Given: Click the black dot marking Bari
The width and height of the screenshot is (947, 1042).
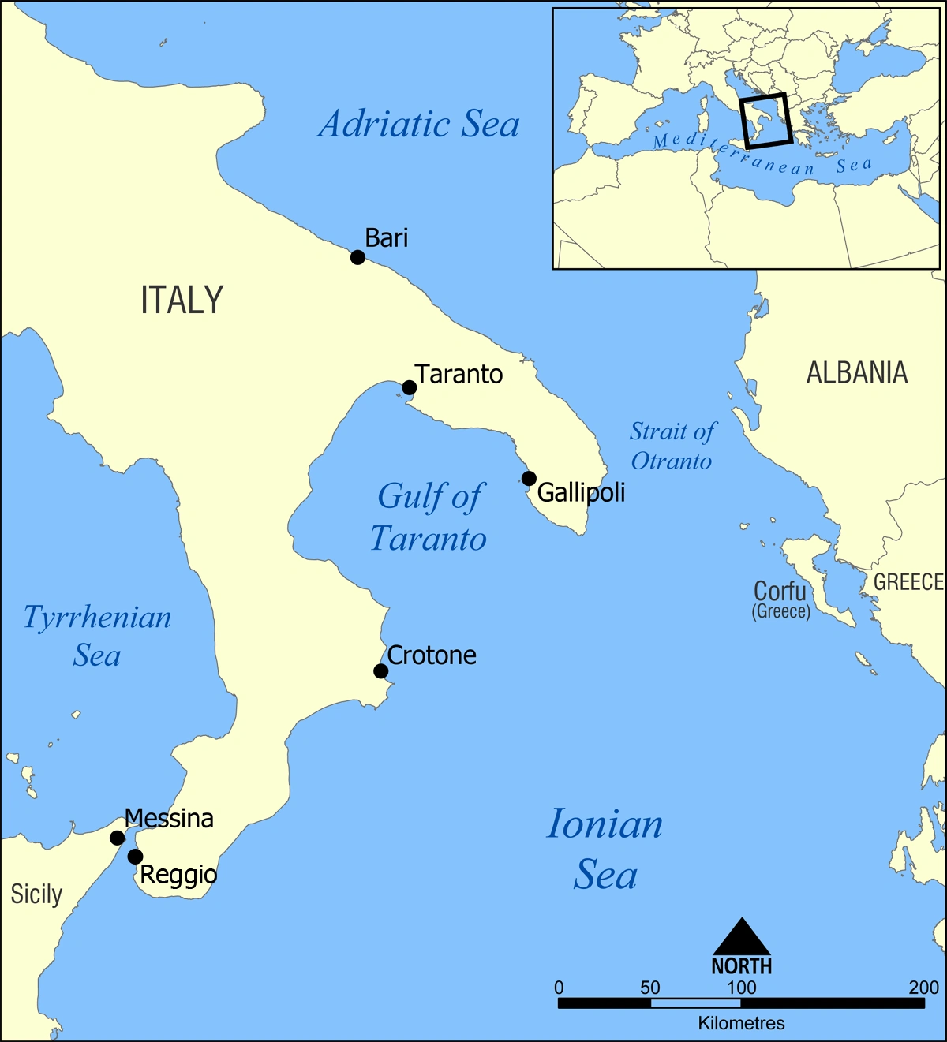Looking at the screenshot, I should point(357,257).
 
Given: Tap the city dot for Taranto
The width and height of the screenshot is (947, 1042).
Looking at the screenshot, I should point(409,387).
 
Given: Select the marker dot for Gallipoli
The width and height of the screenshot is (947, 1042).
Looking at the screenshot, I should point(529,478).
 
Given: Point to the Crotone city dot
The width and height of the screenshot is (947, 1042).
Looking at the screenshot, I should point(380,671).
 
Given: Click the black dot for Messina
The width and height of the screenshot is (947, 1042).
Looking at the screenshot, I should point(117,838).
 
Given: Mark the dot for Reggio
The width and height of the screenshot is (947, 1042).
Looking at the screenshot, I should point(135,857).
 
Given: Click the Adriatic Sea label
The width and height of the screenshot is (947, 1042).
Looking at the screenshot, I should point(419,125).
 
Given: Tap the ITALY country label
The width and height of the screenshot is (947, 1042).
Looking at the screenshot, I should point(182,301).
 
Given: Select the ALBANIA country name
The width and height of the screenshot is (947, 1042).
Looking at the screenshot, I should point(857,373).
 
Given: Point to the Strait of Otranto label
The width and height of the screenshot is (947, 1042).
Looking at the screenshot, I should point(672,446).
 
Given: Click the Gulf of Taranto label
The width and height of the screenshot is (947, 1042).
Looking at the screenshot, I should point(429,518).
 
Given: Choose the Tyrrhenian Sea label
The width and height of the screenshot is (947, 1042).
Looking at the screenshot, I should point(97,636).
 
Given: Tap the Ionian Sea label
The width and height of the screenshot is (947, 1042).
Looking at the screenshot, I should point(605,850).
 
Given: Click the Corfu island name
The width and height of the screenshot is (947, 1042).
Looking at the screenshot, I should point(780,592).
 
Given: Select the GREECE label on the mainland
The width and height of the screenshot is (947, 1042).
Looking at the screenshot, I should point(908,582).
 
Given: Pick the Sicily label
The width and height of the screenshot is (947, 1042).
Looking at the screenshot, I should point(36,894).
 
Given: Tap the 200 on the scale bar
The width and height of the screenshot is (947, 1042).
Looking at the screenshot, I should point(923,988).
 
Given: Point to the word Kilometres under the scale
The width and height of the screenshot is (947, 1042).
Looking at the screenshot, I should point(741,1024).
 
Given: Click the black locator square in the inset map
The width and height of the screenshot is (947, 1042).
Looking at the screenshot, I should point(766,121).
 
